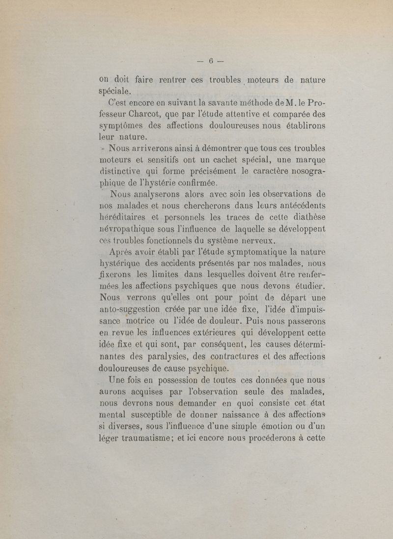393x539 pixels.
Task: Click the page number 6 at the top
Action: [x=210, y=61]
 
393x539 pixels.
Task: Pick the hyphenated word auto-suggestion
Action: [x=133, y=310]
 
